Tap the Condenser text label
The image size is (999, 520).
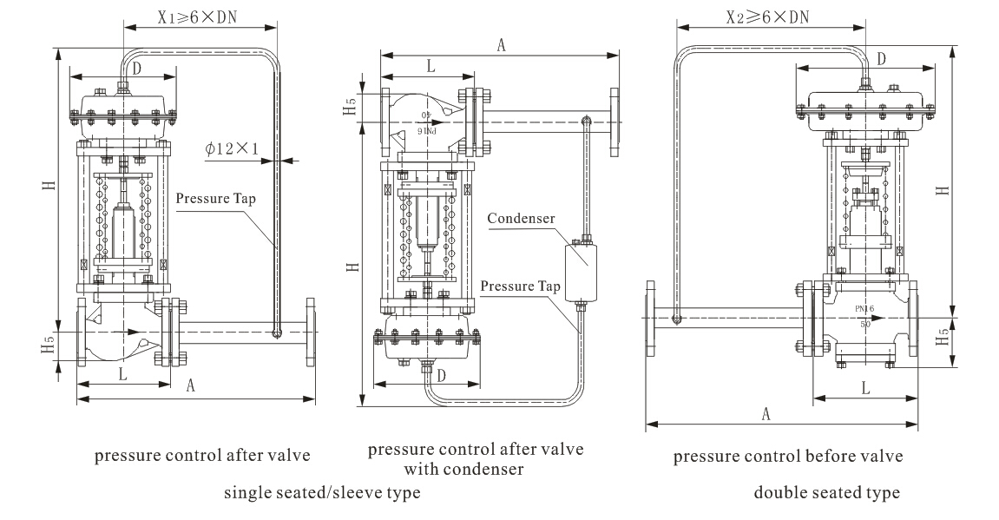pyautogui.click(x=521, y=218)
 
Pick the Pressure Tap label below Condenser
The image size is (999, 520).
pyautogui.click(x=521, y=286)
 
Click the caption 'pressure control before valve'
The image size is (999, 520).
pyautogui.click(x=788, y=456)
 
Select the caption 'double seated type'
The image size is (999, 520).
pyautogui.click(x=826, y=493)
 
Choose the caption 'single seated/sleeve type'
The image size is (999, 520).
pyautogui.click(x=322, y=492)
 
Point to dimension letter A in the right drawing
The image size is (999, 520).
pyautogui.click(x=766, y=414)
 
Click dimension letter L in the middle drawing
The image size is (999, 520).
pyautogui.click(x=430, y=65)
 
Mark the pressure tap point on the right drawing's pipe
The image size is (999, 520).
pyautogui.click(x=676, y=319)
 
